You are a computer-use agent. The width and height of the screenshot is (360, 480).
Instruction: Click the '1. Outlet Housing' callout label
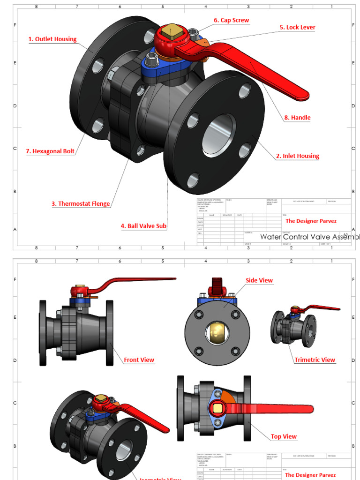pyautogui.click(x=52, y=39)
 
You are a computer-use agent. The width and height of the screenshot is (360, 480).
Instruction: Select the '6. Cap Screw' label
pyautogui.click(x=231, y=21)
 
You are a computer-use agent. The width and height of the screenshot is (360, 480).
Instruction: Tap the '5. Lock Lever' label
pyautogui.click(x=297, y=27)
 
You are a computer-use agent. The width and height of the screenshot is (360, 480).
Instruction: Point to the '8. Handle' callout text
pyautogui.click(x=297, y=118)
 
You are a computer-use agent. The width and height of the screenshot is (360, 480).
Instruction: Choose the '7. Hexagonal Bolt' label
pyautogui.click(x=50, y=151)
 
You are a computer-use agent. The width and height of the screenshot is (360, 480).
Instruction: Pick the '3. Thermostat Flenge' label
pyautogui.click(x=81, y=204)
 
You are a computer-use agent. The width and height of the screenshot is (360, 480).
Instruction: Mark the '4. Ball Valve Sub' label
pyautogui.click(x=143, y=226)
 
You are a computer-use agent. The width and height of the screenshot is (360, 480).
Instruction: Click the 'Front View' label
pyautogui.click(x=139, y=360)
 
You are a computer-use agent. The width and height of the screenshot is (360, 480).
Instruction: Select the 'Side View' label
pyautogui.click(x=259, y=280)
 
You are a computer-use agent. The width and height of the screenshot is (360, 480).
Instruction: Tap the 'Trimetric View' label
pyautogui.click(x=315, y=360)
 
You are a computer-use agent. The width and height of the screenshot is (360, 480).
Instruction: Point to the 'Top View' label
pyautogui.click(x=284, y=436)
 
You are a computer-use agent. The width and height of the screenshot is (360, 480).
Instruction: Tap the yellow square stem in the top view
pyautogui.click(x=217, y=408)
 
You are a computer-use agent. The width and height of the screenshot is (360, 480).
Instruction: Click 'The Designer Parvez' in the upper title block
pyautogui.click(x=311, y=221)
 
